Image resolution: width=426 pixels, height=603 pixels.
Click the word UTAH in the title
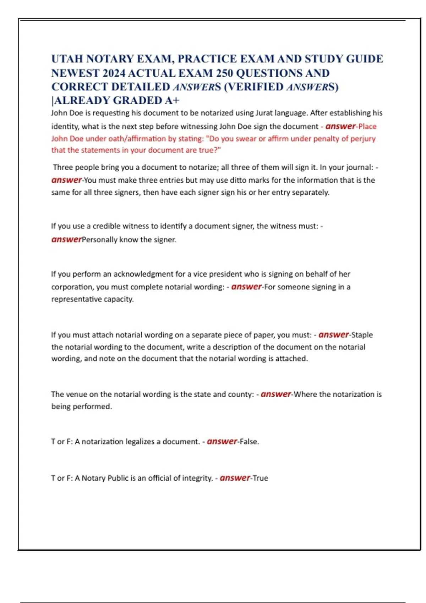(67, 59)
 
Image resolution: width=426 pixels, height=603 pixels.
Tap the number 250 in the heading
(225, 73)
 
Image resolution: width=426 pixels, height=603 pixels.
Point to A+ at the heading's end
(172, 101)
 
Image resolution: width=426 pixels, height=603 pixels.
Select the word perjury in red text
(363, 139)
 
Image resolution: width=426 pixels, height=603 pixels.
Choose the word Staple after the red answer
(362, 335)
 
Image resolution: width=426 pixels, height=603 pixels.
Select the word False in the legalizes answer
(249, 442)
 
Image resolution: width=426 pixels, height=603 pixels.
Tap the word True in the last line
(260, 478)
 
